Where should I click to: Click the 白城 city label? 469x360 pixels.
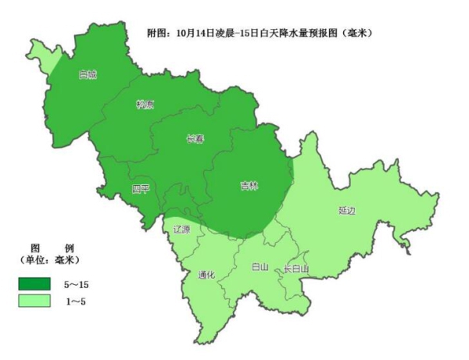point(88,76)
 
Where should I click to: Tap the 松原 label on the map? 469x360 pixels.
point(145,105)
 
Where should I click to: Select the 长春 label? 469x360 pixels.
point(195,139)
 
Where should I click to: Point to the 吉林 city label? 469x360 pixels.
point(249,186)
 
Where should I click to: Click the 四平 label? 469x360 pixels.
point(141,189)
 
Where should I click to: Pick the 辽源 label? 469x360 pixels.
point(181,230)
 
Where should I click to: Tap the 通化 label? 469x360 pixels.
point(207,274)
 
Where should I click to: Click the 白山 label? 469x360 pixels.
point(260,267)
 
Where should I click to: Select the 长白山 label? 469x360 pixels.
point(295,269)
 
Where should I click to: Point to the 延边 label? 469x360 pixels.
point(347,211)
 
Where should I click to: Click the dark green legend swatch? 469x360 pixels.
point(36,283)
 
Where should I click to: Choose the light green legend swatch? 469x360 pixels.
point(36,300)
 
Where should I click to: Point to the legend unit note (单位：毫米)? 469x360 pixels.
point(48,259)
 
